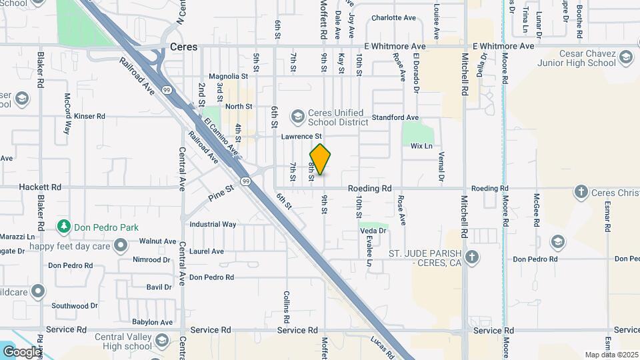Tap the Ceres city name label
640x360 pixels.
point(184,47)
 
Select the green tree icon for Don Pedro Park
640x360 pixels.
point(64,227)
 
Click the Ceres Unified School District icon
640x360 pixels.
point(297,117)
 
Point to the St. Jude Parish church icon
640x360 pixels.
point(472,257)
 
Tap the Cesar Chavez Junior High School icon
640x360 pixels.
point(625,58)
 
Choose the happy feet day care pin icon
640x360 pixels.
point(121,246)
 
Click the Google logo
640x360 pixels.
point(21,351)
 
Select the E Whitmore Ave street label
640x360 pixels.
point(503,46)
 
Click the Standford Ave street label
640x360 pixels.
point(395,117)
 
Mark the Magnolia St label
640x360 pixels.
point(228,77)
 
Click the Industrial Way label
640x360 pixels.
point(213,225)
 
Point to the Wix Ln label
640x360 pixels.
point(421,146)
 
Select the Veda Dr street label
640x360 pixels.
point(373,231)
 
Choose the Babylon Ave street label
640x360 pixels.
point(152,322)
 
